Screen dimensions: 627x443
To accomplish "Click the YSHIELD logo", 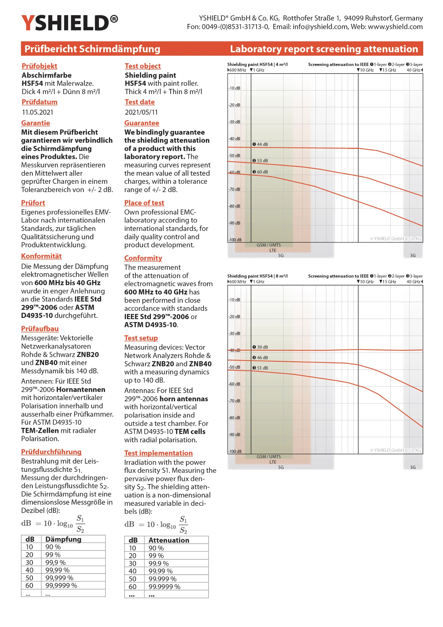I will pos(69,23).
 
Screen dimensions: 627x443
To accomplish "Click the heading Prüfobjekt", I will pos(39,66).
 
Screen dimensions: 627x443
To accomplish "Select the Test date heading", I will pos(140,102).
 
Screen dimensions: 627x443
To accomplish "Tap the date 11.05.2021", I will pos(38,112).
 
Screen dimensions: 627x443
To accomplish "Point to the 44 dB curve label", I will pos(260,144).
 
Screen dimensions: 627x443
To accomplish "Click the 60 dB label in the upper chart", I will pos(260,172).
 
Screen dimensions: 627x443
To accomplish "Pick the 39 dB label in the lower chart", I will pos(260,347).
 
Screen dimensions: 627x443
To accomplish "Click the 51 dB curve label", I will pos(260,368).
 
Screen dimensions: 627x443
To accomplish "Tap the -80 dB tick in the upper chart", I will pos(234,206).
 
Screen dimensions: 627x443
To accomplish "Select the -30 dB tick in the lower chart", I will pos(234,334).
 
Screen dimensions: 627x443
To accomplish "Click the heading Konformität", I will pos(41,256).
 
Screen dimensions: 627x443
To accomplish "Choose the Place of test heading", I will pos(144,203).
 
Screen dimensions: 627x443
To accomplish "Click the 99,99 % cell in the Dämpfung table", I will pos(58,570).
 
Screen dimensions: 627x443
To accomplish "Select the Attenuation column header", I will pos(169,540).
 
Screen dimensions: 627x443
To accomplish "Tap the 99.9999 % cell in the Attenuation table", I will pos(165,587).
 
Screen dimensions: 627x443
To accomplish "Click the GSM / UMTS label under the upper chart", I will pos(269,245).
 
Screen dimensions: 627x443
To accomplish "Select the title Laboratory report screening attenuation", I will pos(324,49).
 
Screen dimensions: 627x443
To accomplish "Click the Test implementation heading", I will pos(158,453).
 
